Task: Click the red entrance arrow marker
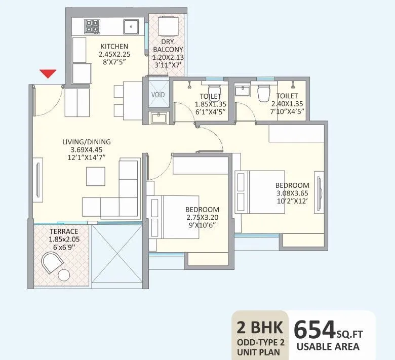pyautogui.click(x=48, y=74)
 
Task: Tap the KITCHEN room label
pyautogui.click(x=114, y=47)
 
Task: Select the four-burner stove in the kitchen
pyautogui.click(x=92, y=26)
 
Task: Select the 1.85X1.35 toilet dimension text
pyautogui.click(x=210, y=105)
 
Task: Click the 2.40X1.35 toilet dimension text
pyautogui.click(x=287, y=104)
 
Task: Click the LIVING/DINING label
pyautogui.click(x=87, y=142)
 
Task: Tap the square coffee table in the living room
pyautogui.click(x=96, y=176)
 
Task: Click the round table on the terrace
pyautogui.click(x=64, y=275)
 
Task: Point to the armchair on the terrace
pyautogui.click(x=52, y=263)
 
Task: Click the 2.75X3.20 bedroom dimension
pyautogui.click(x=202, y=218)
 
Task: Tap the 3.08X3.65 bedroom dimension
pyautogui.click(x=292, y=193)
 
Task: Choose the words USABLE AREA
pyautogui.click(x=328, y=347)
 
